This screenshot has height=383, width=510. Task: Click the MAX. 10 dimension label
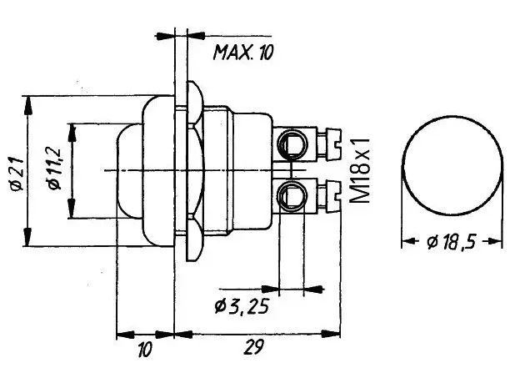click(x=243, y=52)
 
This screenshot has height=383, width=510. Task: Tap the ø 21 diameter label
click(x=17, y=174)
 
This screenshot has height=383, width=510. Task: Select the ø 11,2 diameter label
click(x=54, y=169)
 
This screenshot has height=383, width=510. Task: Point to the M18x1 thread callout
click(x=360, y=170)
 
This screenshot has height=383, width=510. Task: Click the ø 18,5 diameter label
click(x=452, y=242)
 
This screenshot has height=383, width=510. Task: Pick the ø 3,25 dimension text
click(x=242, y=306)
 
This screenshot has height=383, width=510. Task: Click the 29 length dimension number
click(x=253, y=347)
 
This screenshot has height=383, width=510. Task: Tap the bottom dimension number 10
click(x=145, y=350)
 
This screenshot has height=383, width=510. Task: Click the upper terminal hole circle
click(x=292, y=144)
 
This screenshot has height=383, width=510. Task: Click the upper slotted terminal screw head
click(x=333, y=144)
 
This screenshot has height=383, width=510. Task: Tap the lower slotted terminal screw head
click(x=333, y=196)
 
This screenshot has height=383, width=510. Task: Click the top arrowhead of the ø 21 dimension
click(x=28, y=105)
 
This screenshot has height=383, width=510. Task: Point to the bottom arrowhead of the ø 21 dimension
click(x=28, y=237)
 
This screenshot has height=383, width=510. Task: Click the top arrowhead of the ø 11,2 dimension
click(x=72, y=133)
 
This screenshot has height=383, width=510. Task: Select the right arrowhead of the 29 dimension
click(x=331, y=334)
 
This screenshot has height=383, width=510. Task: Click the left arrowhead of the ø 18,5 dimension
click(x=408, y=241)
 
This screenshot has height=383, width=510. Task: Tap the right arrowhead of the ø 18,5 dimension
click(x=495, y=241)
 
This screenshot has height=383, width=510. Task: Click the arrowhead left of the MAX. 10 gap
click(x=165, y=36)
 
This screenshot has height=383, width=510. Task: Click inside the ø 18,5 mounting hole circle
click(x=452, y=165)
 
